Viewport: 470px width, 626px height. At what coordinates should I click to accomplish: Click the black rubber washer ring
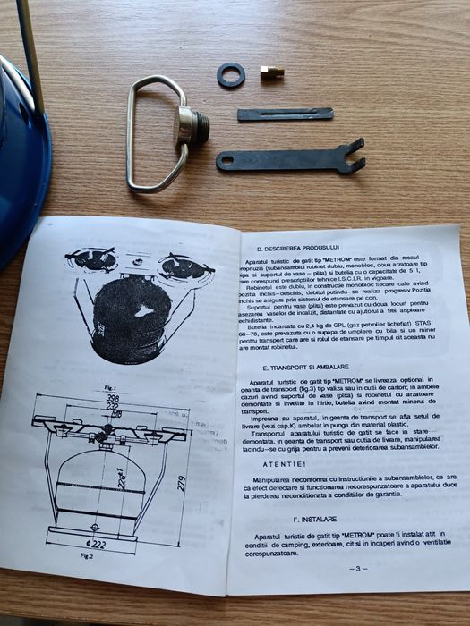231,75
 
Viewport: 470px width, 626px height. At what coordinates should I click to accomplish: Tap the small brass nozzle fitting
272,71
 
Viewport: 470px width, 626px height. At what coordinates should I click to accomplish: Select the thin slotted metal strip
285,114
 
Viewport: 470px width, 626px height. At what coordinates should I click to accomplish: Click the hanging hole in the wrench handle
227,161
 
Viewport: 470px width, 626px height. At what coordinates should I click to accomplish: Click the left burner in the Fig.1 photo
94,260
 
